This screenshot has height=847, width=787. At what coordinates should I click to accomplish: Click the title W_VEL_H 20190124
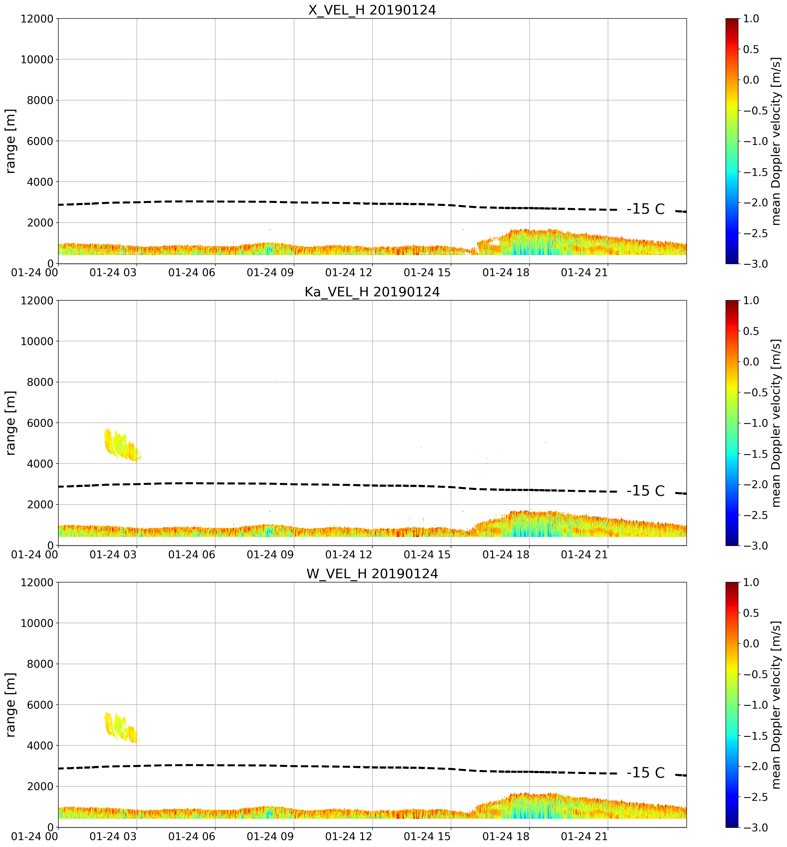(x=372, y=574)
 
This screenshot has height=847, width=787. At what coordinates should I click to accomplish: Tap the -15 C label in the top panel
(x=646, y=209)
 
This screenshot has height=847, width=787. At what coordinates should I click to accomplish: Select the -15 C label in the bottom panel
(x=646, y=773)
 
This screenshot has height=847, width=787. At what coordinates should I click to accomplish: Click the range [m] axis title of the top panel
(x=11, y=141)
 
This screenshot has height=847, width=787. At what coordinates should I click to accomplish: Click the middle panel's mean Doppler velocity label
(x=776, y=423)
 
